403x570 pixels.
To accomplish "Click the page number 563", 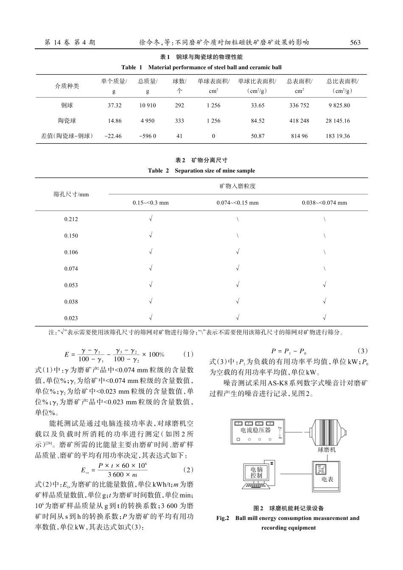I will pos(355,42).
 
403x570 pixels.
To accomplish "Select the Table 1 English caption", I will pos(201,67).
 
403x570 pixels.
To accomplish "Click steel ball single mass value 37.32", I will pos(115,106).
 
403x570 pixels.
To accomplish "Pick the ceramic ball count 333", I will pos(179,121).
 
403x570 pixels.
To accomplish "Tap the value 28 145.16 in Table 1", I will pos(338,121).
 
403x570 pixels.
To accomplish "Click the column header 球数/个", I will pos(179,86).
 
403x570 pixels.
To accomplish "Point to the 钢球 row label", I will pos(67,106).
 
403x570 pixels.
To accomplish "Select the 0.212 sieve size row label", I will pos(71,219).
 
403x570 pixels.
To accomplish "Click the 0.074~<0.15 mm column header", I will pos(237,203).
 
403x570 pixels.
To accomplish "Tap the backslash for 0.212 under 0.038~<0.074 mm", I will pos(325,219).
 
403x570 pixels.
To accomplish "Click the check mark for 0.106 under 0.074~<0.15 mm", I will pos(238,252).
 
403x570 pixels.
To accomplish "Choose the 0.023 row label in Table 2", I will pos(71,318).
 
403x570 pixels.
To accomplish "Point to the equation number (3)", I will pos(363,351).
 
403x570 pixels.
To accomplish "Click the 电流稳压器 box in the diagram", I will pos(255,430).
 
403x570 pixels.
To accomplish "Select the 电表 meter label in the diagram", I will pos(327,479).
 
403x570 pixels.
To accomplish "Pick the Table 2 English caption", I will pos(201,170).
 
